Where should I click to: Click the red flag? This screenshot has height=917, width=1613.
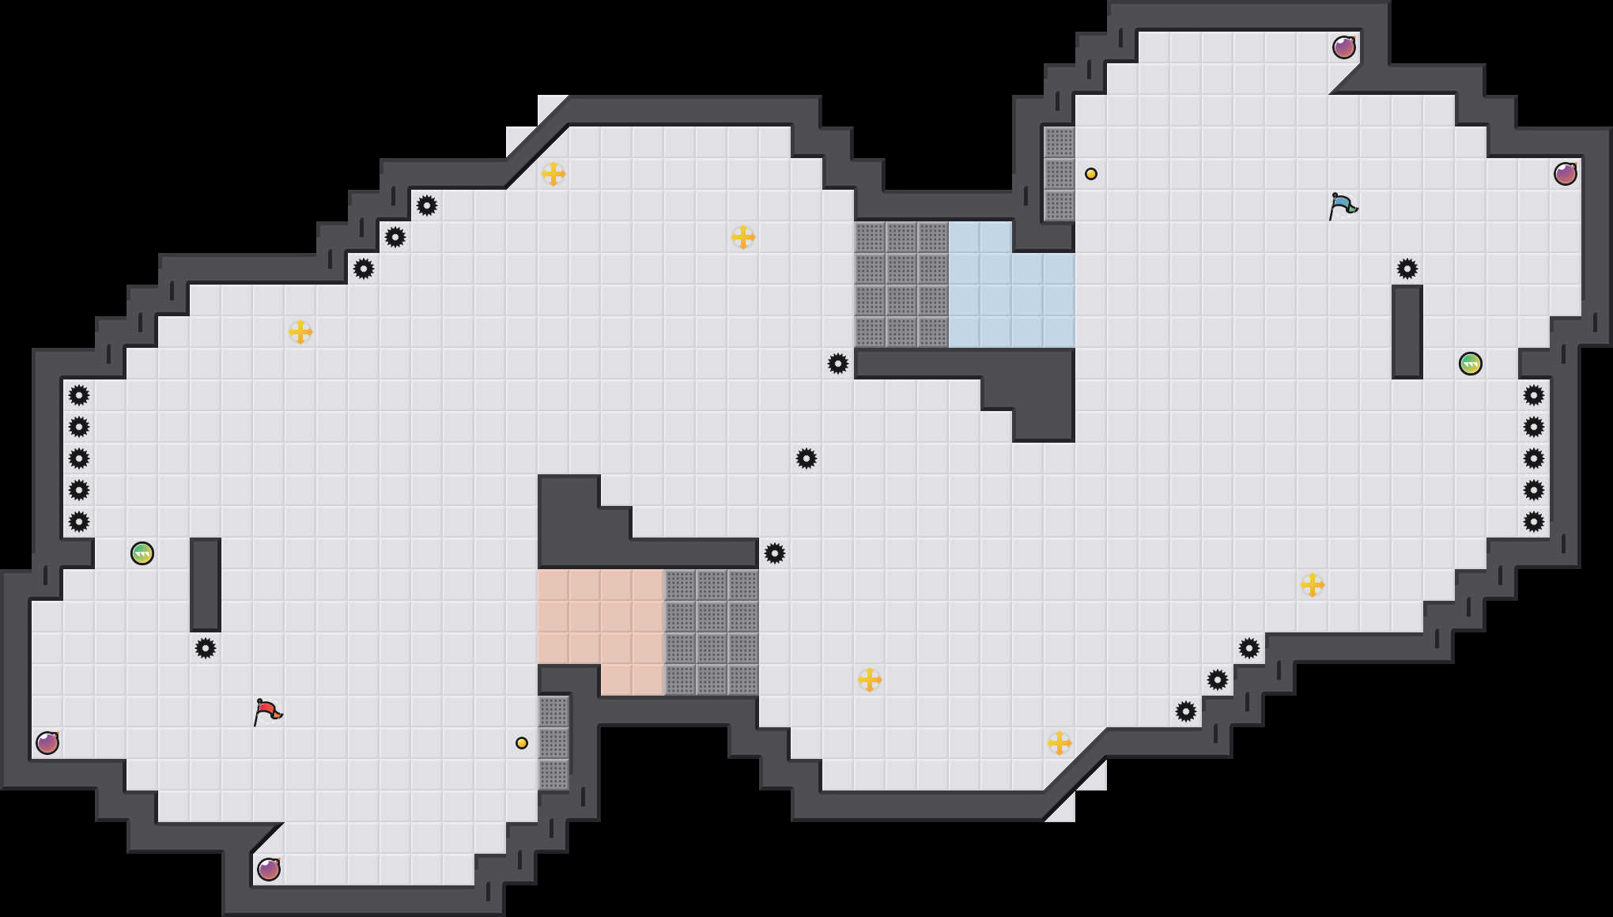267,711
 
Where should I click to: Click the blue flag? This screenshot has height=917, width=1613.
1343,206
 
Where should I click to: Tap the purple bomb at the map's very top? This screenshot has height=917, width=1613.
1344,47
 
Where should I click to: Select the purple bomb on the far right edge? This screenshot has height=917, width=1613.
1566,174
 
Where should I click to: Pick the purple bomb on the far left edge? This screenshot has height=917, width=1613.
47,743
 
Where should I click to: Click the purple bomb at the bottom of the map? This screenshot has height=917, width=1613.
269,870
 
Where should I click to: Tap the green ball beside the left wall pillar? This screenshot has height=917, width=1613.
142,553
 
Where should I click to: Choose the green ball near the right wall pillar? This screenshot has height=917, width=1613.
1471,364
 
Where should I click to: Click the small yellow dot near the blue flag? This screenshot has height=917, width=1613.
1091,174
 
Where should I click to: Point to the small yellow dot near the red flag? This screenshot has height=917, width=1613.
522,743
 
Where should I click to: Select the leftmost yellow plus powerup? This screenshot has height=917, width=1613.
300,332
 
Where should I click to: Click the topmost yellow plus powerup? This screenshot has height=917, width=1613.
553,174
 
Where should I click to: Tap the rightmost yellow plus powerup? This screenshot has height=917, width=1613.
1313,585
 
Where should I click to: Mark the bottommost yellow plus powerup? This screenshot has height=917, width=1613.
1060,743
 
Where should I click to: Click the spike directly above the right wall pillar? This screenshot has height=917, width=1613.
1407,269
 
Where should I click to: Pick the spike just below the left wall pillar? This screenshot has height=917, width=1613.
206,648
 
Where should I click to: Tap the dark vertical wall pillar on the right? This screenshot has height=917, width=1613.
1407,332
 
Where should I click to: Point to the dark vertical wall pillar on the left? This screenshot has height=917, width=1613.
206,585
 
